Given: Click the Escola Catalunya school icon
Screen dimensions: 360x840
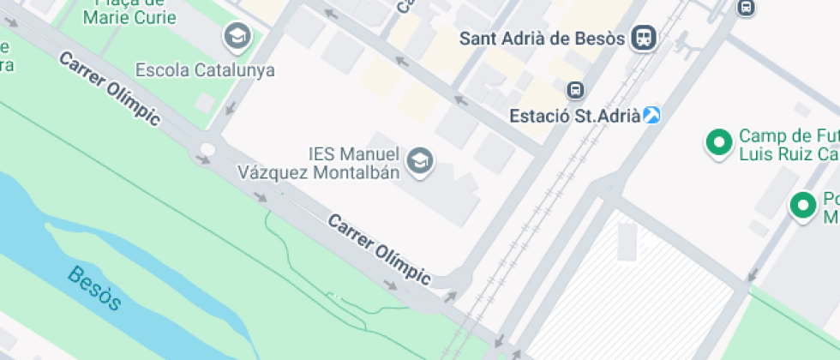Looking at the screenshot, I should tap(237, 36).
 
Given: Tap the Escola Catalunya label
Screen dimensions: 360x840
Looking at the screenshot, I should tap(205, 69).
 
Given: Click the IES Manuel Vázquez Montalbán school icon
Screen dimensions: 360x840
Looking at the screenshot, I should tap(420, 160).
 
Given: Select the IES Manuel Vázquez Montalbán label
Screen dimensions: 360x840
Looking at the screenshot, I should tap(354, 162).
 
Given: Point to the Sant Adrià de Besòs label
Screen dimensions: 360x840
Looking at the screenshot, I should tap(544, 38).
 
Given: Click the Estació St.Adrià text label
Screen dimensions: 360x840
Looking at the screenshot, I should tap(573, 115).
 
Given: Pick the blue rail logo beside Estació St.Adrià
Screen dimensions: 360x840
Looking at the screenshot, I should tap(652, 115).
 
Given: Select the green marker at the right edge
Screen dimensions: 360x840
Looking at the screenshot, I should tap(803, 205).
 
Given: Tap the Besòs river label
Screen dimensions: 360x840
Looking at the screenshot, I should tap(94, 288).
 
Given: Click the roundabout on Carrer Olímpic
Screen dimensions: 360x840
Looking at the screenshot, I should tap(207, 150).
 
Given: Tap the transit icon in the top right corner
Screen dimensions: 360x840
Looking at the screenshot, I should tap(746, 8).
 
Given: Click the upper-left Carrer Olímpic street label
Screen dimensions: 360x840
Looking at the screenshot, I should tap(109, 87).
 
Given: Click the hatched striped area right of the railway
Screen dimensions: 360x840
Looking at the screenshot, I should tap(634, 291).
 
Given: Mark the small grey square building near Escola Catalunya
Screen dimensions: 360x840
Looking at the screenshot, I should tap(205, 103).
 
